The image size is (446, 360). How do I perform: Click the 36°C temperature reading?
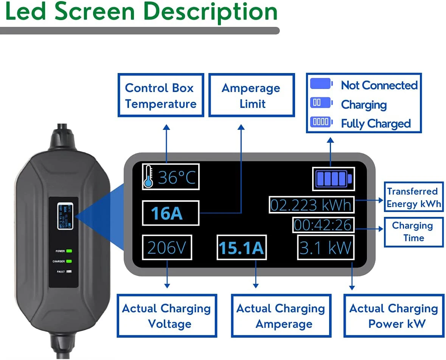point(177,177)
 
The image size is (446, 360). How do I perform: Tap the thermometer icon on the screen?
point(148,177)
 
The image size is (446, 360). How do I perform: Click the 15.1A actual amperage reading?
point(241,248)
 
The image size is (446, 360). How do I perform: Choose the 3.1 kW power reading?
point(325,248)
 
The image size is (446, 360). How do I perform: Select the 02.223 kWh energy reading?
point(311,205)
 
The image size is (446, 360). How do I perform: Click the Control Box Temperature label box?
point(161,95)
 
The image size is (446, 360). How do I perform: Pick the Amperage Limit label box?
point(251,95)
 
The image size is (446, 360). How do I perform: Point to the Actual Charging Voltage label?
point(166,316)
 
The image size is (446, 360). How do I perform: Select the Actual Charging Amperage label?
point(281,316)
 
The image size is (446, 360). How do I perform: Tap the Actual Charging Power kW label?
point(393,316)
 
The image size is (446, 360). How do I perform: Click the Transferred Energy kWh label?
point(413,197)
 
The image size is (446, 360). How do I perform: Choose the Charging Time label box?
point(413,232)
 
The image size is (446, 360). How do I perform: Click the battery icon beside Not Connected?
point(321,84)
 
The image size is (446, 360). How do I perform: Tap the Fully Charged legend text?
point(376,123)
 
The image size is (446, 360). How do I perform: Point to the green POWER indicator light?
point(69,251)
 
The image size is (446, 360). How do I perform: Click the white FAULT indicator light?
point(69,271)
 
